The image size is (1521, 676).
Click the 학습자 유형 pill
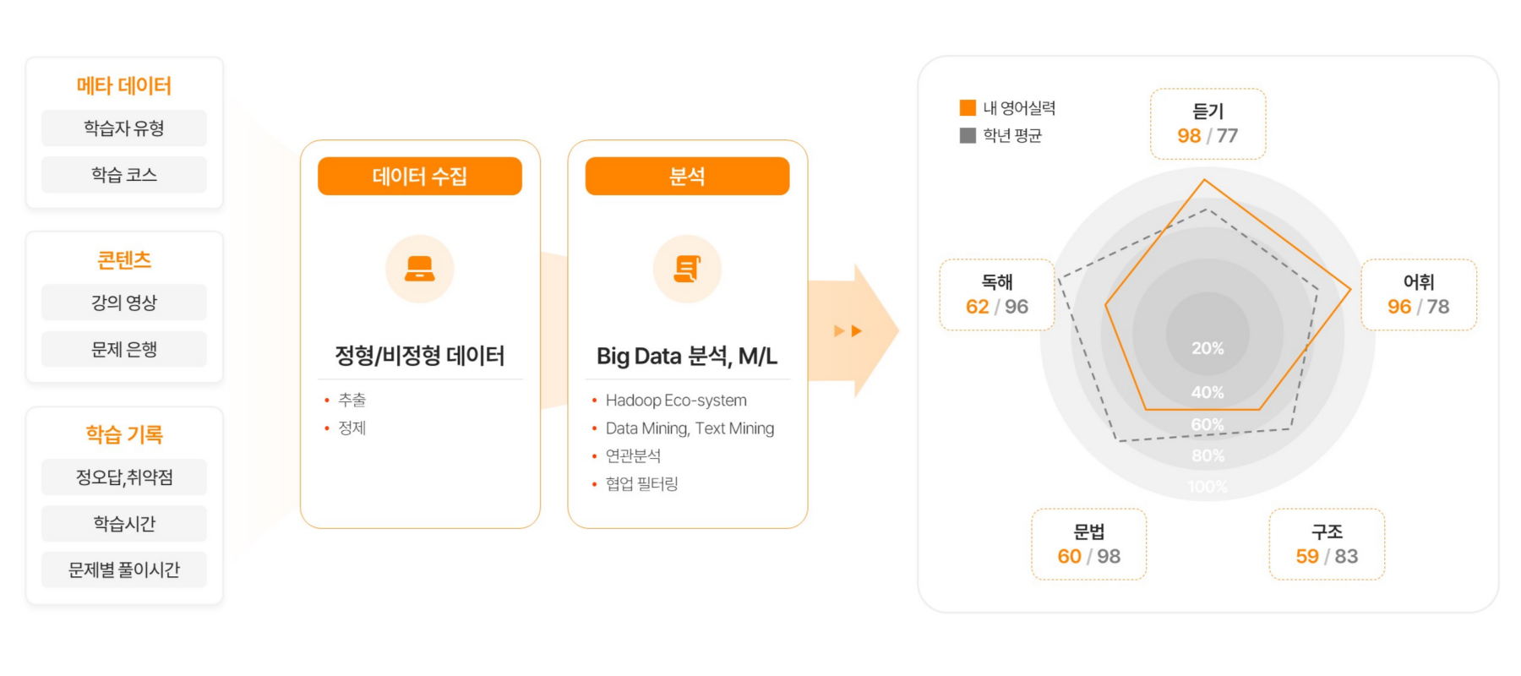click(124, 128)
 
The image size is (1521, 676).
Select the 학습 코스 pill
click(124, 175)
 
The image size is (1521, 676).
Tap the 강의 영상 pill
click(124, 303)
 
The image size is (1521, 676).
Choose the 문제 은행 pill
click(124, 349)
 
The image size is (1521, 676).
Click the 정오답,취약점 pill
click(124, 477)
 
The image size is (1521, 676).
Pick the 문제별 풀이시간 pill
click(124, 570)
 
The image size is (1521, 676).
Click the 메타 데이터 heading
click(124, 85)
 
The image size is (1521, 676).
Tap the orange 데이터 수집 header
click(420, 176)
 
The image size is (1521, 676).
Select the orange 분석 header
click(687, 176)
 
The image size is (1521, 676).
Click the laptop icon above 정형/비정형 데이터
click(420, 269)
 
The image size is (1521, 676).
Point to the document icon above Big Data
click(687, 269)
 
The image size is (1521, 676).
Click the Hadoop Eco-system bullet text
click(676, 401)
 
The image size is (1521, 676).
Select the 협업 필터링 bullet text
click(642, 483)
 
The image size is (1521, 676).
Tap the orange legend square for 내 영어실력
click(968, 107)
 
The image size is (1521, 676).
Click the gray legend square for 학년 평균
click(968, 135)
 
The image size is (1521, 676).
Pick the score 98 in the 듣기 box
click(1189, 136)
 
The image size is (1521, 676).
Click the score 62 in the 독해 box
click(977, 307)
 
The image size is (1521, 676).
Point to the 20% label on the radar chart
click(1208, 348)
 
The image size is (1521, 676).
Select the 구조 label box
click(1327, 544)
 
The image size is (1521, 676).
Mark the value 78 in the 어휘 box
click(1438, 307)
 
